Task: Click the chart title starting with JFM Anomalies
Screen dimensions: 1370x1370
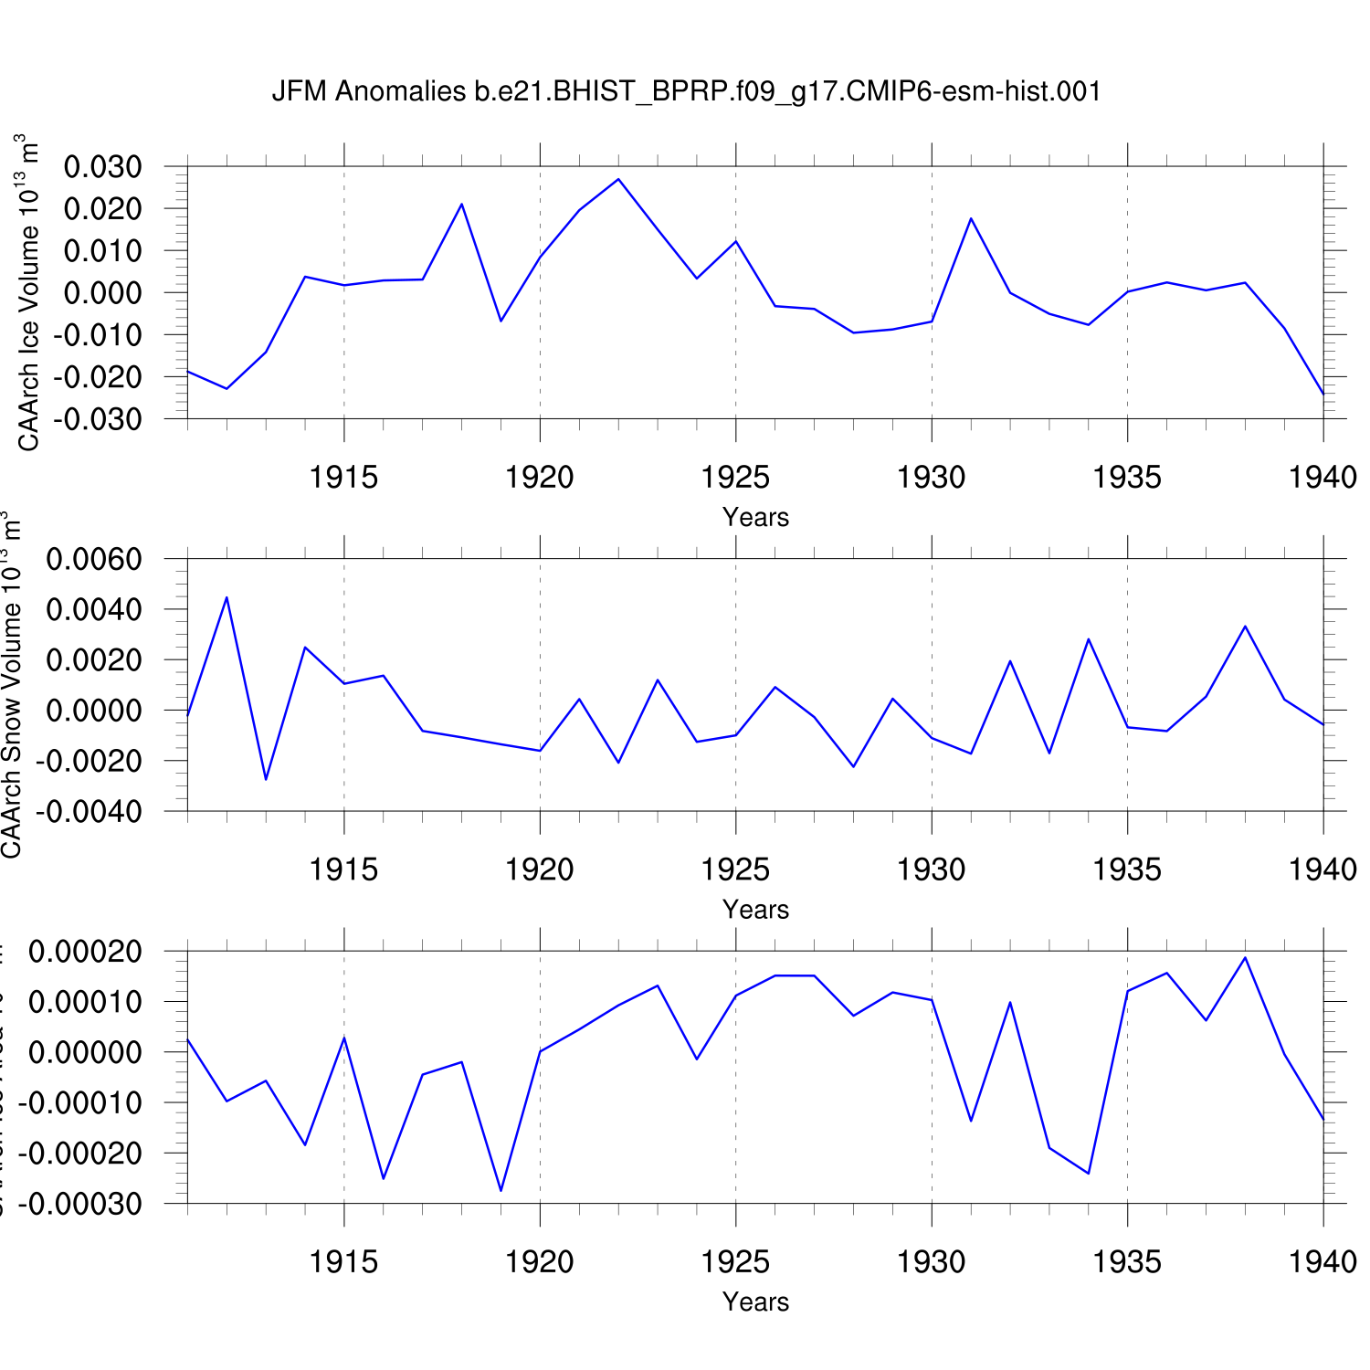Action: [x=686, y=91]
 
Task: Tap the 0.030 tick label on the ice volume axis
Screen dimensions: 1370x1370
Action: [x=103, y=167]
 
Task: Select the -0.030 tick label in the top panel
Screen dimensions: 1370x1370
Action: [x=98, y=419]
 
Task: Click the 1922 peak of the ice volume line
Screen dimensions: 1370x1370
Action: [x=618, y=179]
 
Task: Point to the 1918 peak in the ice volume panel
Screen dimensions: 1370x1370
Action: [x=462, y=204]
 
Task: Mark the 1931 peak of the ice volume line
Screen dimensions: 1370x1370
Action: [x=971, y=218]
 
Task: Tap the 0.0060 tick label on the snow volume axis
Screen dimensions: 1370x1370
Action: [x=94, y=559]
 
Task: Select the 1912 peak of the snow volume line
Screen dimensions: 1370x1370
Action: [x=227, y=597]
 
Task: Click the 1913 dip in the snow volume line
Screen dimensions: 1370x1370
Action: [x=266, y=779]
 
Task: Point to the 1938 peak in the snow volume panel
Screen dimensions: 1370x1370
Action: [x=1245, y=627]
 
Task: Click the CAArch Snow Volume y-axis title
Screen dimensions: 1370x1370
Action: [x=11, y=685]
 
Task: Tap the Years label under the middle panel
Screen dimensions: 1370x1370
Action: [x=755, y=910]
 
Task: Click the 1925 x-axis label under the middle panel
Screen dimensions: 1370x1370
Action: [x=735, y=869]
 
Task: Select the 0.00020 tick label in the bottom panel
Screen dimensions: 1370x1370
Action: [x=86, y=952]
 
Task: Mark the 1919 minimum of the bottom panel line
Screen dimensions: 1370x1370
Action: [x=501, y=1190]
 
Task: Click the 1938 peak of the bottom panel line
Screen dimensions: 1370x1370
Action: [x=1245, y=957]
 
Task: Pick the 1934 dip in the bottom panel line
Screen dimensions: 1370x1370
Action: [x=1089, y=1173]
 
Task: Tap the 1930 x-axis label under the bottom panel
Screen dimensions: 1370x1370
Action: [x=931, y=1262]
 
